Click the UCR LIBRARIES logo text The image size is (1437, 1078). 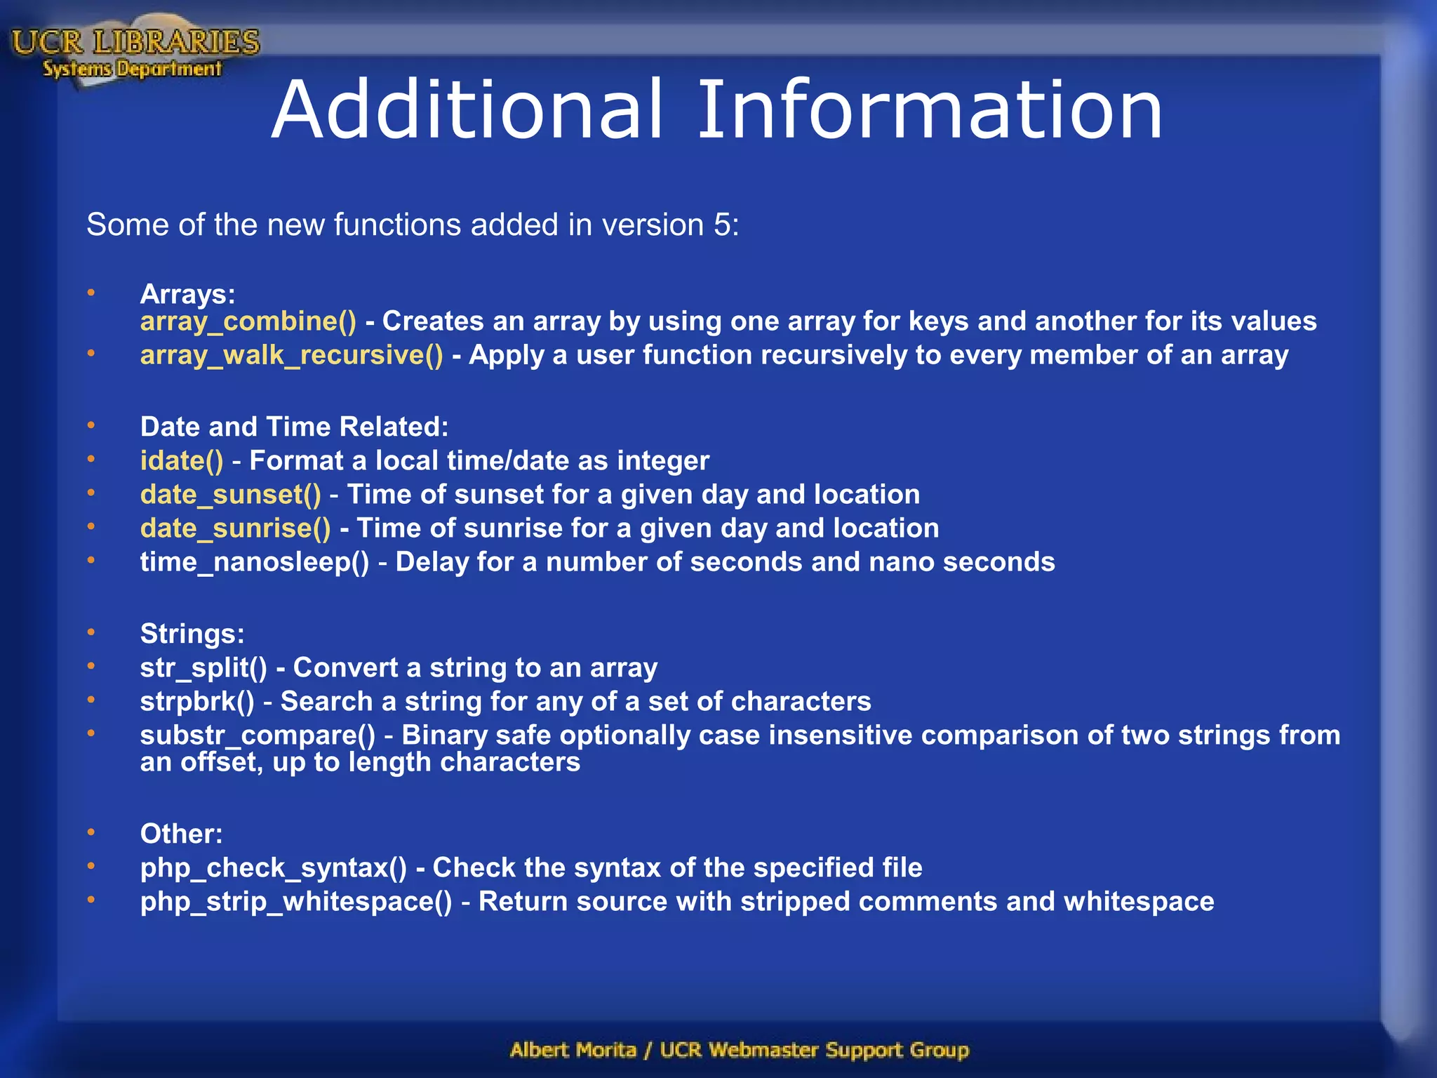(x=135, y=42)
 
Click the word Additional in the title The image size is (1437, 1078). (x=467, y=110)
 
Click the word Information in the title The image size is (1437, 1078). (x=930, y=110)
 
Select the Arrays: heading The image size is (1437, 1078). (x=187, y=294)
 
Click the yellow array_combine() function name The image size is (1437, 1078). (x=248, y=321)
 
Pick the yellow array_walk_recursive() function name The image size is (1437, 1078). (x=291, y=355)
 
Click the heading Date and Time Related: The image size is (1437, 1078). (x=294, y=427)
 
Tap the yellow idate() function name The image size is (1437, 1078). (x=182, y=461)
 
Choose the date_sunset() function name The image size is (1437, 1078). (x=230, y=495)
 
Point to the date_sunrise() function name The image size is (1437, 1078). (x=235, y=528)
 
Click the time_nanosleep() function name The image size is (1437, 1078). (x=254, y=562)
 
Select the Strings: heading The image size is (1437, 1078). (x=192, y=634)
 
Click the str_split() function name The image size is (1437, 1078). (x=203, y=667)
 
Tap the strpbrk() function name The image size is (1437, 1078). (x=197, y=701)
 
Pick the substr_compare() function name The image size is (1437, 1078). (x=258, y=736)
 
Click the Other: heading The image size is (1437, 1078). (x=181, y=834)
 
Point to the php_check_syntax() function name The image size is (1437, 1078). (x=273, y=868)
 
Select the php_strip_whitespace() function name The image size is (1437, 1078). (x=296, y=902)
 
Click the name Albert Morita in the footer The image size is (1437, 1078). (x=573, y=1050)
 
